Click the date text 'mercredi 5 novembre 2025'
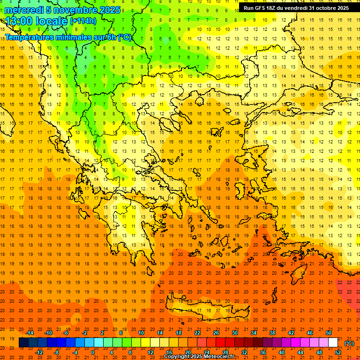63,10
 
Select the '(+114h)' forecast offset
83,21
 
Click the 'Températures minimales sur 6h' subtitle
68,37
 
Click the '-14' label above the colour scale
30,333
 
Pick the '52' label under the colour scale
337,352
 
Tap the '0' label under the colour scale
93,352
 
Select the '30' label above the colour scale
234,333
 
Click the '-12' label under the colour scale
39,352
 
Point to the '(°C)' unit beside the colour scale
349,343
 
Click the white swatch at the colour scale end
333,343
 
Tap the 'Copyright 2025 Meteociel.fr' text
199,357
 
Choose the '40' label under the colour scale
281,352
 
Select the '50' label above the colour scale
328,333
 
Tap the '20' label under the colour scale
187,352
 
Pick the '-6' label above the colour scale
66,333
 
